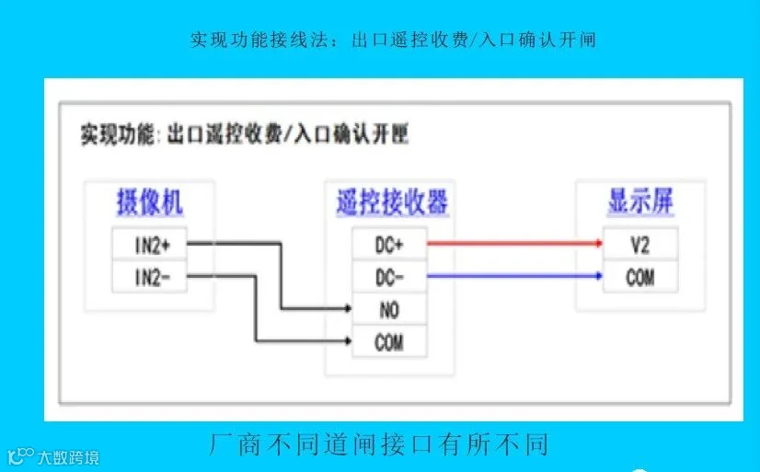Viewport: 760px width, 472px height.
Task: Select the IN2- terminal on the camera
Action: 148,277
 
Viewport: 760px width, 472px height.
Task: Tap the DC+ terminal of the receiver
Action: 389,245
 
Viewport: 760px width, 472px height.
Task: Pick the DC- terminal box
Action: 389,277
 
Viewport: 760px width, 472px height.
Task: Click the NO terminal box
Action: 389,310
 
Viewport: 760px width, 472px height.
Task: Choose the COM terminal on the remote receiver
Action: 389,343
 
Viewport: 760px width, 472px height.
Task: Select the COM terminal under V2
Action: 640,276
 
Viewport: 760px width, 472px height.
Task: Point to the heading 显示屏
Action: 641,201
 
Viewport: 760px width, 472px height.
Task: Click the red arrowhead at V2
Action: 597,244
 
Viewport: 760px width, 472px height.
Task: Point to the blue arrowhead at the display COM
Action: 597,274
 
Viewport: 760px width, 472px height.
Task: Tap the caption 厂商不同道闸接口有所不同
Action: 379,445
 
